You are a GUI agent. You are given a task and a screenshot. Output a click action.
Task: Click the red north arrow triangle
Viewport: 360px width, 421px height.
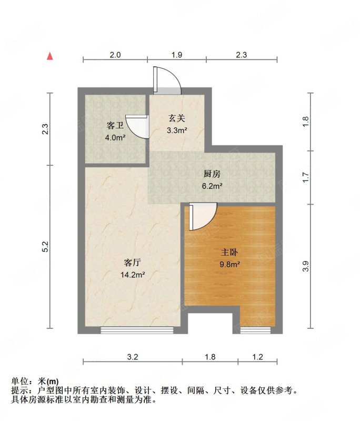click(50, 56)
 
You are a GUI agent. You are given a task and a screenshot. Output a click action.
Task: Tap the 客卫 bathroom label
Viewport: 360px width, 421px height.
click(115, 126)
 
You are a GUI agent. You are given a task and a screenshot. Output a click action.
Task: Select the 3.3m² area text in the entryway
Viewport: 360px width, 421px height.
click(177, 131)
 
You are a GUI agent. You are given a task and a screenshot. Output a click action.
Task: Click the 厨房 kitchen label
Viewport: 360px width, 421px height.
click(212, 174)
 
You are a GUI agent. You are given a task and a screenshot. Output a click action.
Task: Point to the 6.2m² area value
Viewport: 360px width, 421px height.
click(212, 186)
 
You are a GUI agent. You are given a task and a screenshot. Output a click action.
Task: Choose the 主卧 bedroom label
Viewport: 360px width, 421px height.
click(229, 253)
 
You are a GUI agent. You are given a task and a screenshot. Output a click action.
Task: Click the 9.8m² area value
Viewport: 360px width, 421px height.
click(229, 265)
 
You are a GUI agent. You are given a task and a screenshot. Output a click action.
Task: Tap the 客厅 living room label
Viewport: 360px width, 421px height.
click(133, 262)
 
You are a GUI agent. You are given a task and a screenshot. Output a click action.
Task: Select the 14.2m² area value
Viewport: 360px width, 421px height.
click(133, 275)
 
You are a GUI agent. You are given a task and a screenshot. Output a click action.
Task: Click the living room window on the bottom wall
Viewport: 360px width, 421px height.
click(137, 330)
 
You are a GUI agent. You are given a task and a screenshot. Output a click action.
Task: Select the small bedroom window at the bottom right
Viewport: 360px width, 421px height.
click(255, 330)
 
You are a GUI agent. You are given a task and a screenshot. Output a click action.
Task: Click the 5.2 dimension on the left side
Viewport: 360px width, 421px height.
click(45, 246)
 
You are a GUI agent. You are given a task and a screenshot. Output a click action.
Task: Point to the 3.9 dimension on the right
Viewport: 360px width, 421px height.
click(305, 266)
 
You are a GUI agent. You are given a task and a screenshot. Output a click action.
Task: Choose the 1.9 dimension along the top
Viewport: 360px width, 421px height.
click(177, 55)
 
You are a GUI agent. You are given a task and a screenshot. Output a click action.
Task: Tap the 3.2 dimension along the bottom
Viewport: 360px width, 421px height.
click(132, 357)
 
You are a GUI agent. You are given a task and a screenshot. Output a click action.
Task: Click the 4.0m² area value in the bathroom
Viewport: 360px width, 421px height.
click(115, 138)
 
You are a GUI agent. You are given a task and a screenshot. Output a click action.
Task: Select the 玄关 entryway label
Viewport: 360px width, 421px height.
click(177, 118)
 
